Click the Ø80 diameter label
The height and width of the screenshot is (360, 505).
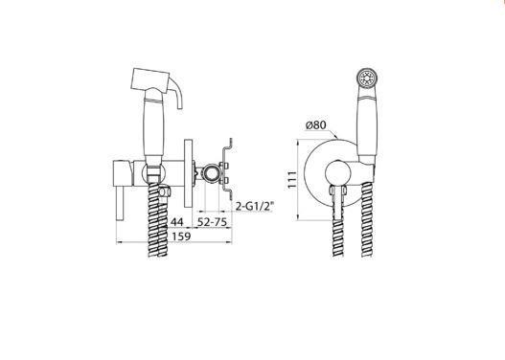click(x=315, y=125)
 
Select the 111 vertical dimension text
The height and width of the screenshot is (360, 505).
click(x=292, y=180)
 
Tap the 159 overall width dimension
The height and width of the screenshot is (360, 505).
click(x=181, y=236)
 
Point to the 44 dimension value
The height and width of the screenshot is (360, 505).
click(x=177, y=222)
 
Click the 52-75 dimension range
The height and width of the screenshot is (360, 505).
click(x=212, y=222)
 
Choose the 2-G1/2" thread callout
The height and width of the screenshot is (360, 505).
click(x=255, y=206)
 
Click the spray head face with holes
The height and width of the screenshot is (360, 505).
click(x=367, y=79)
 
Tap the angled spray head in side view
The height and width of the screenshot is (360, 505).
click(x=149, y=79)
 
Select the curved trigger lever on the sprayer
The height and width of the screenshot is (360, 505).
click(x=177, y=93)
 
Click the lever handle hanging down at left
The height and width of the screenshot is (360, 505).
click(x=120, y=203)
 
